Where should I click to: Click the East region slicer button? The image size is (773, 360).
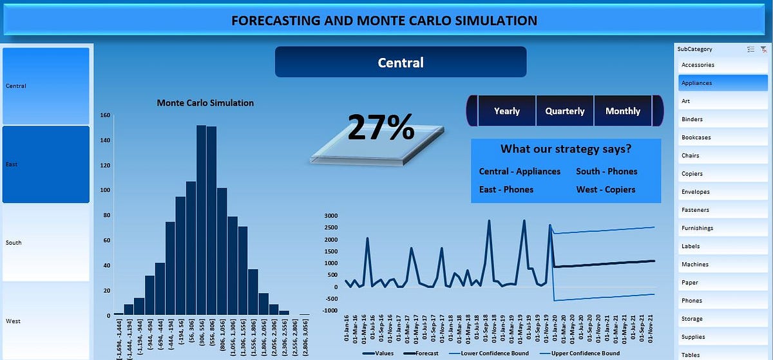pyautogui.click(x=46, y=164)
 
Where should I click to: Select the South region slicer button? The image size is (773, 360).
pyautogui.click(x=46, y=243)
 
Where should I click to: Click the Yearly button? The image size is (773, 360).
pyautogui.click(x=506, y=111)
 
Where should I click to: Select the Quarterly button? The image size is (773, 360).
pyautogui.click(x=565, y=111)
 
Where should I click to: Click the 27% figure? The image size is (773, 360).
pyautogui.click(x=381, y=127)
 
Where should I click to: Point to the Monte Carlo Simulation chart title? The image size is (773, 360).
pyautogui.click(x=205, y=103)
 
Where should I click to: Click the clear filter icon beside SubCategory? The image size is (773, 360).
pyautogui.click(x=763, y=49)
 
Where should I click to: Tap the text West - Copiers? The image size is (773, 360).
pyautogui.click(x=606, y=189)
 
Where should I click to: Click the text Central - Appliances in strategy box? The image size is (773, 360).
pyautogui.click(x=519, y=171)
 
